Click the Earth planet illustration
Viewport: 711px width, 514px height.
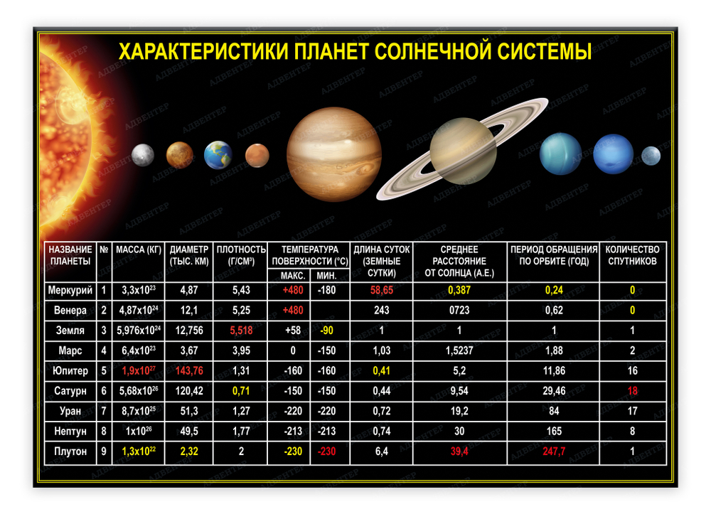coord(218,155)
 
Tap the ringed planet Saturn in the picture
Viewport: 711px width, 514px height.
coord(463,150)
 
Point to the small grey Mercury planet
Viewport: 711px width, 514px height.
coord(143,154)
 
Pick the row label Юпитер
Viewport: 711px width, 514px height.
coord(70,370)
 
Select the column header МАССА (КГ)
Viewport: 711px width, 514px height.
coord(139,250)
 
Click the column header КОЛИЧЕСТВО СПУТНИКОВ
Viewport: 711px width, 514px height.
coord(632,255)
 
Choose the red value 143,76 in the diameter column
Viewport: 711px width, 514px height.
coord(189,370)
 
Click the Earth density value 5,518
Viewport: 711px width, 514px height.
coord(242,331)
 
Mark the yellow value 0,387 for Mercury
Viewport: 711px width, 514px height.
coord(460,290)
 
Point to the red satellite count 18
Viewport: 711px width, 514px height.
coord(632,391)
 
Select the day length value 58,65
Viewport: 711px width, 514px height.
coord(382,290)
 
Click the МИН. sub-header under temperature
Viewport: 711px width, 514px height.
coord(327,275)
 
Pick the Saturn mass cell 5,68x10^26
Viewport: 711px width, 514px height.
coord(139,391)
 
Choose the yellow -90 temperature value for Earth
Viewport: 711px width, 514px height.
coord(327,331)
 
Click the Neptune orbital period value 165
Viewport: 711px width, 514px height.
coord(553,432)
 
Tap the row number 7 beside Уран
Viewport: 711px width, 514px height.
coord(104,412)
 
